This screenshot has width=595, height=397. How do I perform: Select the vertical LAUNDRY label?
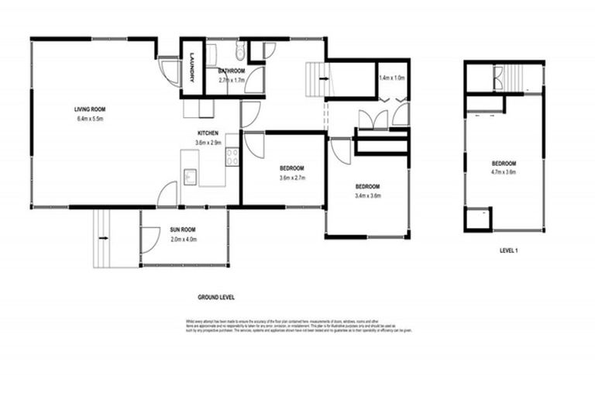pos(191,68)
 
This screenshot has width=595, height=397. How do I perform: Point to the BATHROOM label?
pos(232,71)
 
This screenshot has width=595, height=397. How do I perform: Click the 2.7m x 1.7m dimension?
pos(232,80)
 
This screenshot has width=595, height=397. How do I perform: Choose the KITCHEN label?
pos(207,133)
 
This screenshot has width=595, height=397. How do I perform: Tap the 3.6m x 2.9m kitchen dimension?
pos(207,143)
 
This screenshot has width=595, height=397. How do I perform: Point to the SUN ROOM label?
pos(183,230)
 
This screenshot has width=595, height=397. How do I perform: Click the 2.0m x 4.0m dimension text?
pos(183,240)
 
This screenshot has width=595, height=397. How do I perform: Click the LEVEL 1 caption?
pos(508,251)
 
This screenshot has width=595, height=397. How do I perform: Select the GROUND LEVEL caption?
pos(216,297)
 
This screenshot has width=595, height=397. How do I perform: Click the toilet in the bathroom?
pos(239,52)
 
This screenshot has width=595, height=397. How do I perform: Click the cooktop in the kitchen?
pos(232,156)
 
